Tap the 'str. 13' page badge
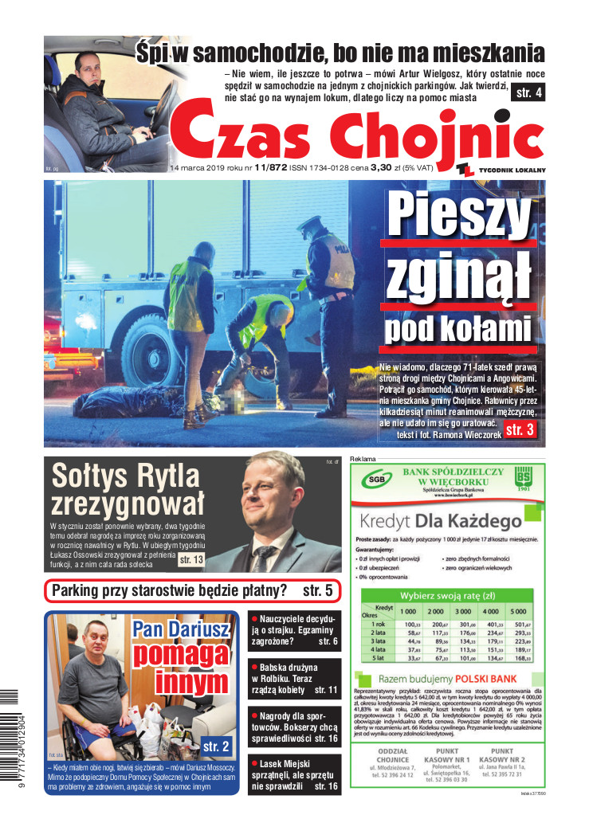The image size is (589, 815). coord(191,561)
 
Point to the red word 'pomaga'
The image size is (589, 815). coord(182,656)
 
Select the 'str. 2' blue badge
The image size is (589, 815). coord(216,746)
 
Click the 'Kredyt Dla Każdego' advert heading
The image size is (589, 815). coord(435,523)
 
